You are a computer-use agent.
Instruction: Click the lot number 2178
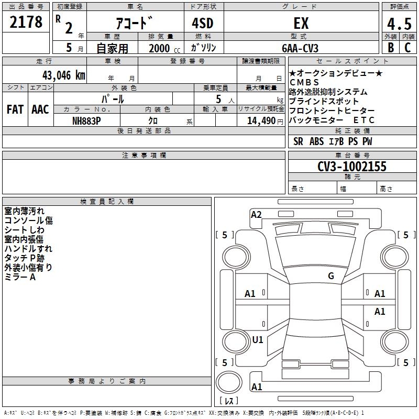pyautogui.click(x=26, y=22)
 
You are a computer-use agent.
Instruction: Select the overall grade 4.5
pyautogui.click(x=399, y=24)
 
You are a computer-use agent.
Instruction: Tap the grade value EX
pyautogui.click(x=301, y=23)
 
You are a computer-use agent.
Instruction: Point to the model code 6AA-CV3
pyautogui.click(x=300, y=48)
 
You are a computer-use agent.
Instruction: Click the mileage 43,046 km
pyautogui.click(x=64, y=75)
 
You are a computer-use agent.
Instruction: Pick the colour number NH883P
pyautogui.click(x=86, y=121)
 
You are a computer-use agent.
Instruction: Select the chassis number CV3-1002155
pyautogui.click(x=352, y=166)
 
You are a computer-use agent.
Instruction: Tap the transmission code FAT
pyautogui.click(x=15, y=109)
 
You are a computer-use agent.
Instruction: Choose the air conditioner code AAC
pyautogui.click(x=40, y=109)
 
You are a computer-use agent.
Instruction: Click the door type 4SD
pyautogui.click(x=203, y=23)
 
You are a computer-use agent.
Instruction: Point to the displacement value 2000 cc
pyautogui.click(x=164, y=48)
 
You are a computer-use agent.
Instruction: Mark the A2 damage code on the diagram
pyautogui.click(x=256, y=215)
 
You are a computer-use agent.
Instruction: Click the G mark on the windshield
pyautogui.click(x=331, y=275)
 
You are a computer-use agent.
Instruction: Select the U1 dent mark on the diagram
pyautogui.click(x=258, y=339)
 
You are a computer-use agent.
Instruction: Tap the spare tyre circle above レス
pyautogui.click(x=229, y=382)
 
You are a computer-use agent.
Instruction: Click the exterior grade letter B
pyautogui.click(x=391, y=47)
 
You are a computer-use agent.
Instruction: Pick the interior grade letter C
pyautogui.click(x=407, y=47)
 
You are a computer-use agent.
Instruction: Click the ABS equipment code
pyautogui.click(x=317, y=141)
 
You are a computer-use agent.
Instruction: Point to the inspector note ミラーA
pyautogui.click(x=20, y=277)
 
